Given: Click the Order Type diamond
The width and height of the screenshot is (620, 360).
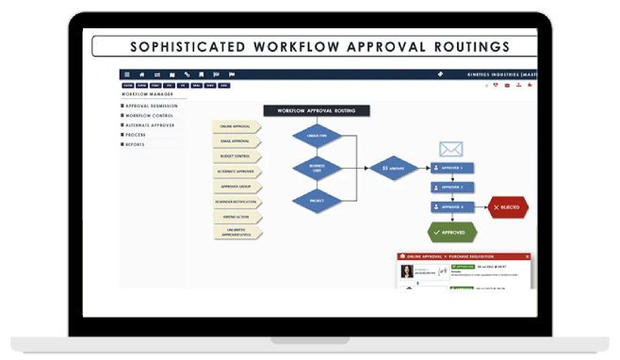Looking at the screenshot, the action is [317, 135].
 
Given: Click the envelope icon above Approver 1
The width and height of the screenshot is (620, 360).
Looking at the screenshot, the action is [451, 149].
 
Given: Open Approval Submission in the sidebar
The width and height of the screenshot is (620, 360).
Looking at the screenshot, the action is [154, 106].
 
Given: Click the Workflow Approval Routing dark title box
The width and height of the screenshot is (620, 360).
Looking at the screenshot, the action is [317, 110].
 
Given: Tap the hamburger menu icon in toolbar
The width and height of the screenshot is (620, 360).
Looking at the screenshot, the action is [126, 74].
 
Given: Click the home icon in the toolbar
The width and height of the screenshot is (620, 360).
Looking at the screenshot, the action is [141, 74].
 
